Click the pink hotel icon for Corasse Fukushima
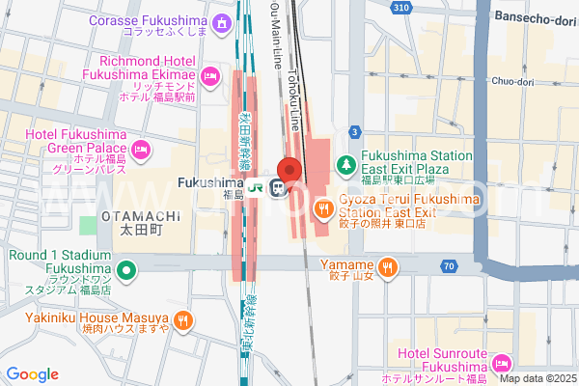(x=223, y=21)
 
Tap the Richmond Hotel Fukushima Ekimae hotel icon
(x=209, y=75)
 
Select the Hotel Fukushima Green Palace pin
(x=141, y=149)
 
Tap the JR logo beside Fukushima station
(x=257, y=186)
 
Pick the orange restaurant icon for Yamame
(x=387, y=265)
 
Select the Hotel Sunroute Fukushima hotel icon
(x=501, y=363)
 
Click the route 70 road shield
(x=450, y=265)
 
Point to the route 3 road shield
(x=356, y=130)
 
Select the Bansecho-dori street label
(x=535, y=16)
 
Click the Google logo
(x=33, y=374)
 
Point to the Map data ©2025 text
(x=537, y=377)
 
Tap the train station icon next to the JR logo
(x=278, y=187)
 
